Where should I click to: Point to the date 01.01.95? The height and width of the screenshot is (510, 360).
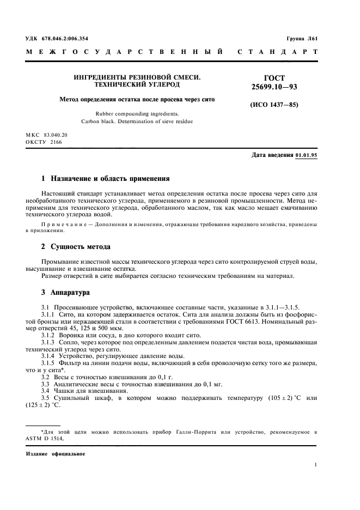point(307,155)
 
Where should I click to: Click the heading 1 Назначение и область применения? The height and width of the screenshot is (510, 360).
point(106,178)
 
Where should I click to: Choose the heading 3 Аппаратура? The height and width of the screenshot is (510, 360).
point(66,293)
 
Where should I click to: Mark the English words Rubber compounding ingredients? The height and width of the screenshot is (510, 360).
point(126,114)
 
